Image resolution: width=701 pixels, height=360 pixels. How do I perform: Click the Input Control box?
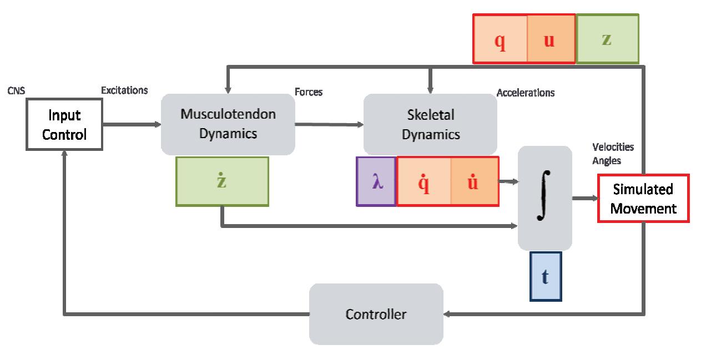click(64, 124)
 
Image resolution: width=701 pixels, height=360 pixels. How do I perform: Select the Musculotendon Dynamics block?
click(228, 124)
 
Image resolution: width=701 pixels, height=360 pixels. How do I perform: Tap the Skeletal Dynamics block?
click(430, 124)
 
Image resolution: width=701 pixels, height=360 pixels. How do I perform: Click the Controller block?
click(376, 314)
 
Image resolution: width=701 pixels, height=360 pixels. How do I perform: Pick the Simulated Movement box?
click(643, 198)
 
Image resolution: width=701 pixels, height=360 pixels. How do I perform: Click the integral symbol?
click(544, 197)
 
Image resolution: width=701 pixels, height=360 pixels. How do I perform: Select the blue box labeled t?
click(546, 276)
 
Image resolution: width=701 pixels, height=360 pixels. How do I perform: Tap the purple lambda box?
click(377, 181)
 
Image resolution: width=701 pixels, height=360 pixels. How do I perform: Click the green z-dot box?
click(222, 181)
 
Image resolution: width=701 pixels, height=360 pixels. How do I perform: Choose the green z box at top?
click(607, 39)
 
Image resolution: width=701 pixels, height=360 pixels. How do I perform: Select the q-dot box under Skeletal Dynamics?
click(424, 181)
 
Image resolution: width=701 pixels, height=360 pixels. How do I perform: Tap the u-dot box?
click(474, 181)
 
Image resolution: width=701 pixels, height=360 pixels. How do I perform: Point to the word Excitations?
click(124, 90)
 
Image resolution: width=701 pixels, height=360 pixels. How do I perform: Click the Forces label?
click(309, 92)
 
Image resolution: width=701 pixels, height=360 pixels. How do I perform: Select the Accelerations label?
click(525, 93)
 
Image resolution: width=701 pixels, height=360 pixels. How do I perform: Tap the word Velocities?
click(613, 148)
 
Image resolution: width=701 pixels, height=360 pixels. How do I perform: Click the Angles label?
click(607, 160)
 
